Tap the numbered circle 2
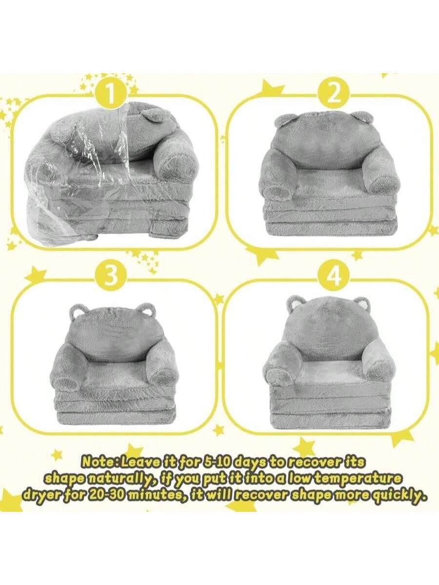[x=334, y=95]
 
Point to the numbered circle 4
[x=334, y=277]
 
